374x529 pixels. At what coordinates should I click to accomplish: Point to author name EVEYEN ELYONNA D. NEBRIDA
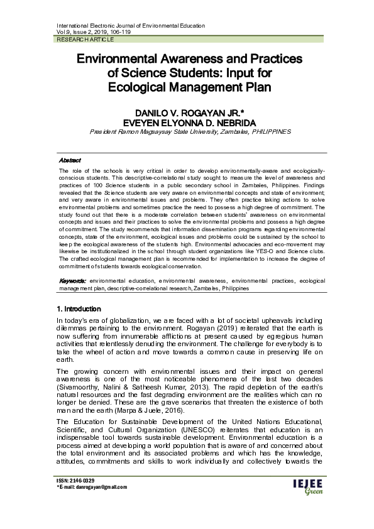click(x=187, y=122)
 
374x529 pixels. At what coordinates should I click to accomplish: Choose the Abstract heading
click(x=69, y=160)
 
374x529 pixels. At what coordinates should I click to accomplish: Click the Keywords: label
click(x=72, y=280)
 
